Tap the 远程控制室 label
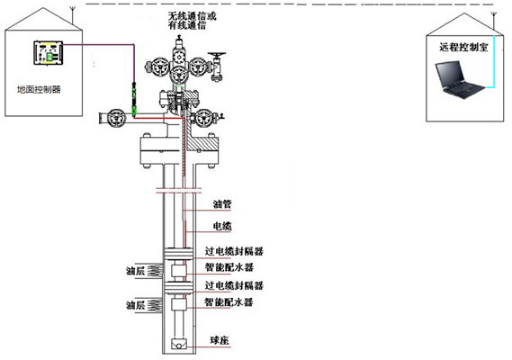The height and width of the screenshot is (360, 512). (x=465, y=47)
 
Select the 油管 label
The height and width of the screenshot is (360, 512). (x=222, y=205)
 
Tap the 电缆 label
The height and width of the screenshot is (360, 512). (x=222, y=226)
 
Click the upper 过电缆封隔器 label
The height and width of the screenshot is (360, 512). (x=238, y=250)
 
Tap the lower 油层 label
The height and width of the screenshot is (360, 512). (x=136, y=306)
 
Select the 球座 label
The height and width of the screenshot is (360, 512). (x=221, y=339)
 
